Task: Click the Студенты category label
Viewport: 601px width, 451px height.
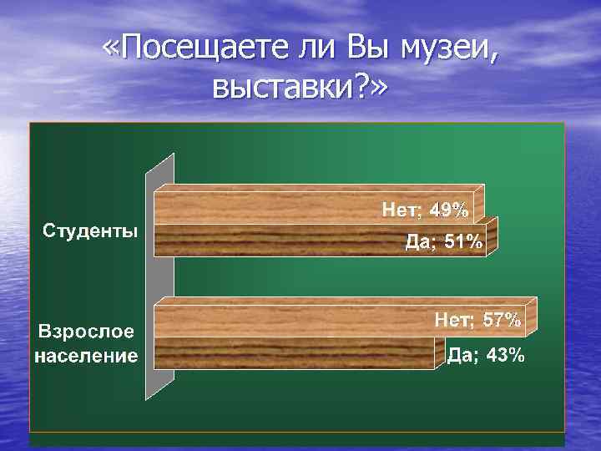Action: (x=91, y=231)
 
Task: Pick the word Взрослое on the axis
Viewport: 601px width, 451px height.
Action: (x=84, y=332)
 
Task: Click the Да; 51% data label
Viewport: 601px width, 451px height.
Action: (x=443, y=243)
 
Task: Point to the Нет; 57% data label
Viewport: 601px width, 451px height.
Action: (x=477, y=320)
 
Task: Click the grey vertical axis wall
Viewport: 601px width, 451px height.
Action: (x=159, y=276)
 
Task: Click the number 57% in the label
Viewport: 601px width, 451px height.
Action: (x=503, y=320)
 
